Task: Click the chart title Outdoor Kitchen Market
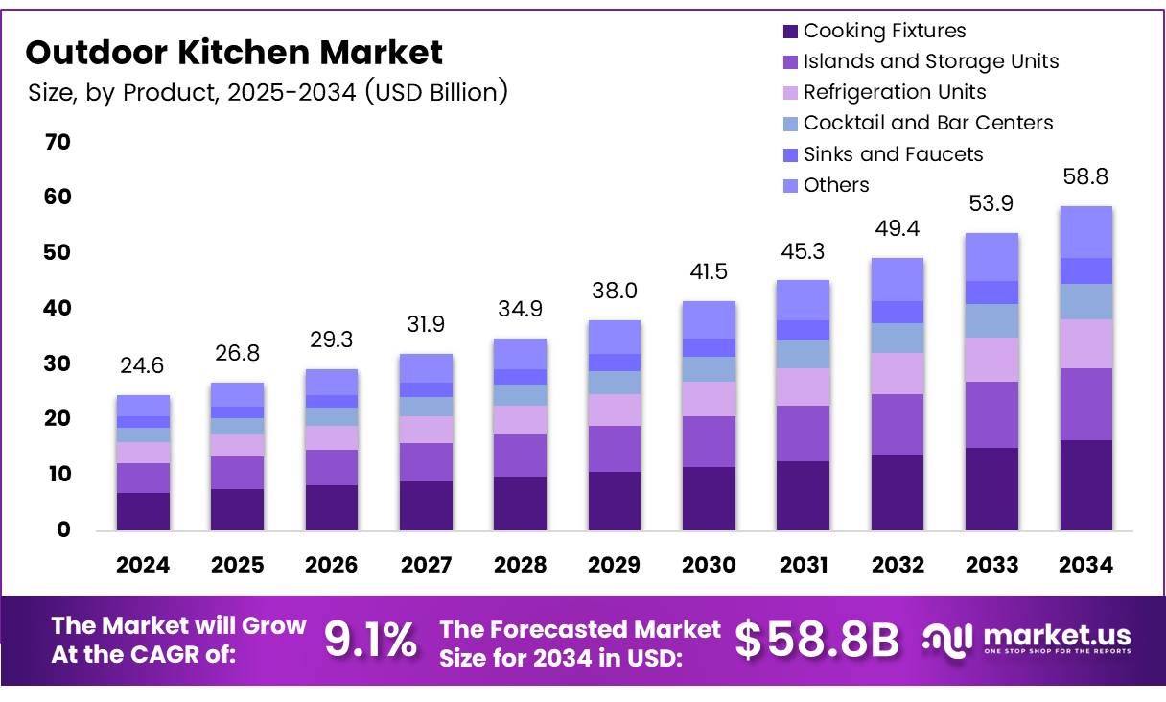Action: coord(234,52)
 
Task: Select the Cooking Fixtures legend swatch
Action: coord(790,31)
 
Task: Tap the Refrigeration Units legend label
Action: coord(895,92)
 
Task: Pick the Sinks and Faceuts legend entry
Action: coord(893,153)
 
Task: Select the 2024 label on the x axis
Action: coord(143,565)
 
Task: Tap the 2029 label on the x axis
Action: coord(615,565)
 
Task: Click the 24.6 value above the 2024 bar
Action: coord(143,365)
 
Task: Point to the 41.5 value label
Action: coord(709,271)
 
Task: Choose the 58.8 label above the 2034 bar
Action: coord(1085,176)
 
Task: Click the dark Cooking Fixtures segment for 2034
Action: coord(1085,484)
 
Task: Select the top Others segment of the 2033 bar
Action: coord(991,257)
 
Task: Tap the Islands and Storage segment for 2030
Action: coord(709,441)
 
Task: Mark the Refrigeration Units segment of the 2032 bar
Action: coord(898,373)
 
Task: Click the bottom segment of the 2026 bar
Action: coord(332,506)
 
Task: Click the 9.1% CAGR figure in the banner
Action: coord(371,640)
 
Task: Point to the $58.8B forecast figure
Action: coord(817,640)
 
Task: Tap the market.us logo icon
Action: coord(948,638)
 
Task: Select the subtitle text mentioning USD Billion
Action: coord(268,92)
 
